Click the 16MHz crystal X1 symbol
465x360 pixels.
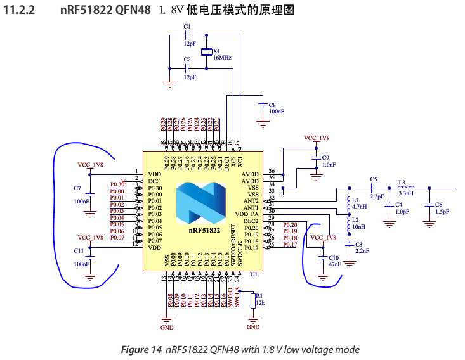pyautogui.click(x=206, y=52)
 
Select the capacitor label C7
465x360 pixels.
pyautogui.click(x=78, y=188)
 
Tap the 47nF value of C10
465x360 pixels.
pyautogui.click(x=334, y=264)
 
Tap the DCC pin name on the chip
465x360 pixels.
pyautogui.click(x=154, y=181)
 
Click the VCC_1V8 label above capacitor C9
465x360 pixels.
pyautogui.click(x=317, y=138)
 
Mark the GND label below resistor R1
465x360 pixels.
pyautogui.click(x=252, y=327)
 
